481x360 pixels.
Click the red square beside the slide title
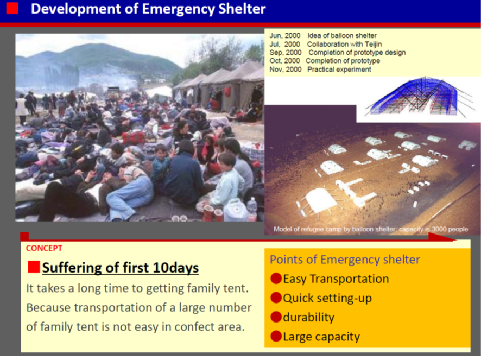tap(12, 8)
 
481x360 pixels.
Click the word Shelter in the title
tap(242, 9)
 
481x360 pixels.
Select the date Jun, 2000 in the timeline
tap(285, 36)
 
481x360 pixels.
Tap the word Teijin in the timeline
tap(373, 44)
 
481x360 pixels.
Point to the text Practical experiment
tap(339, 70)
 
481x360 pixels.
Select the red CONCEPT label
tap(44, 248)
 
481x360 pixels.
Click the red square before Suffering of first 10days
tap(34, 267)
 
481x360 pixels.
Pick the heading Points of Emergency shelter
tap(345, 260)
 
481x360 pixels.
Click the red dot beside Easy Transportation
tap(276, 279)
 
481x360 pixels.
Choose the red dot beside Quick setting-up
tap(276, 298)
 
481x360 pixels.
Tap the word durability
tap(308, 317)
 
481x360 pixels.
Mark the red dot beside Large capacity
tap(276, 336)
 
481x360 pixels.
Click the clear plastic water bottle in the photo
tap(252, 209)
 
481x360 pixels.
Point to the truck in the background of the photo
tap(113, 93)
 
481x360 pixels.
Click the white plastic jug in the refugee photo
tap(236, 210)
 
